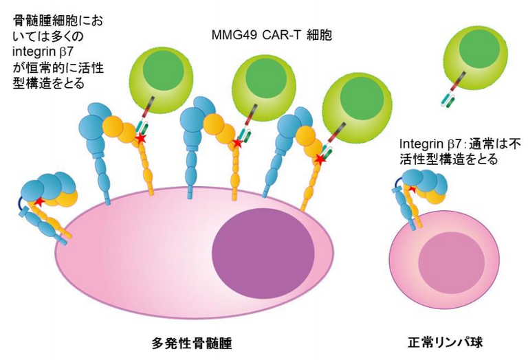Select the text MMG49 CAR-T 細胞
pos(271,34)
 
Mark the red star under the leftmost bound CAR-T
pos(141,139)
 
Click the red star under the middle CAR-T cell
pos(237,144)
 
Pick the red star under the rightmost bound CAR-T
pos(320,159)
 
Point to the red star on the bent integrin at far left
pos(39,203)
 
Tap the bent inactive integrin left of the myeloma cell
pos(45,203)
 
